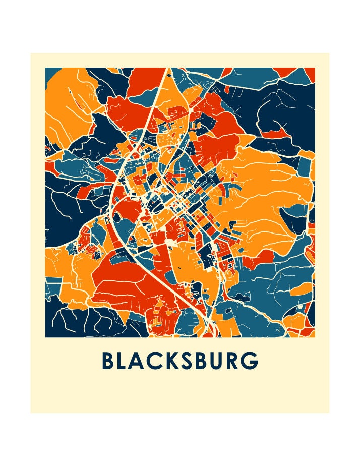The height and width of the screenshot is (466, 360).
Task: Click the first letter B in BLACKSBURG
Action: (108, 361)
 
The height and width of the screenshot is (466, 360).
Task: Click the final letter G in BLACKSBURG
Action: (251, 361)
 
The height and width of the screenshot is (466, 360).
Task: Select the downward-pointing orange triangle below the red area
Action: (244, 139)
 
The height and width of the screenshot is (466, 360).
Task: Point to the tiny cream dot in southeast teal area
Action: (301, 306)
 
